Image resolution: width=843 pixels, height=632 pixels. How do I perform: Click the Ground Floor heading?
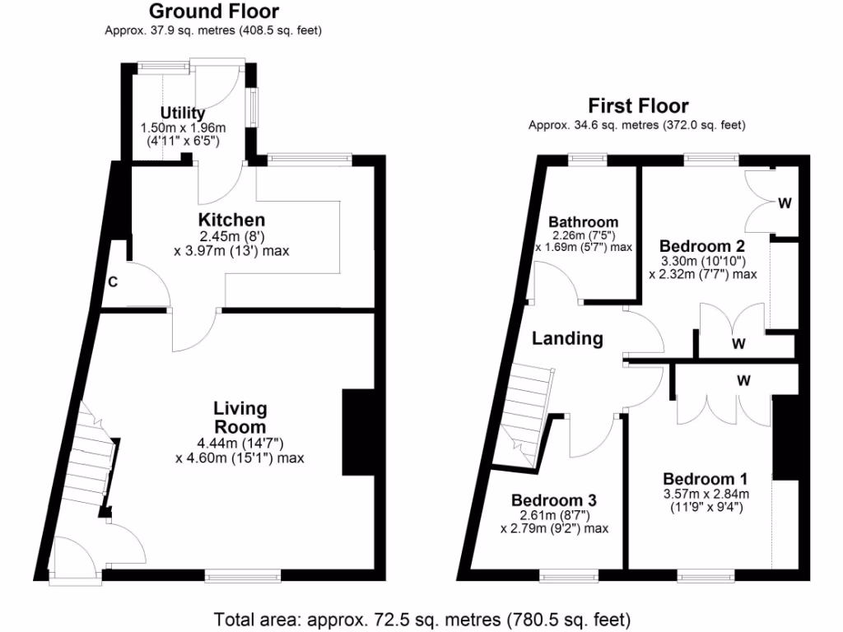tap(214, 12)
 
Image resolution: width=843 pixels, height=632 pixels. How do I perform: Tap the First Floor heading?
tap(638, 106)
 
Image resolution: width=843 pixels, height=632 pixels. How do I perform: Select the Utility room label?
tap(183, 114)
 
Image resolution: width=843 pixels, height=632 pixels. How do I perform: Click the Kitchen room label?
tap(231, 220)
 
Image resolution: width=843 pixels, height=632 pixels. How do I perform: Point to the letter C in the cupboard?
tap(113, 281)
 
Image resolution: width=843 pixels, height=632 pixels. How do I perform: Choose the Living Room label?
tap(240, 417)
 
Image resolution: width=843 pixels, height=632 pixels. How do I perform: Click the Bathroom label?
tap(584, 222)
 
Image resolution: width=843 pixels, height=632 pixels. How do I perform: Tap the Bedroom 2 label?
tap(702, 246)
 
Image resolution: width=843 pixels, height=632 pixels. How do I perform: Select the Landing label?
tap(567, 338)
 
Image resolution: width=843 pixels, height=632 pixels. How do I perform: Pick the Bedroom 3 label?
tap(554, 500)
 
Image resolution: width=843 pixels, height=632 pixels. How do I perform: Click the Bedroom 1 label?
tap(706, 479)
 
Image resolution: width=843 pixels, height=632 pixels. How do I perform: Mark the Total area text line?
tap(422, 620)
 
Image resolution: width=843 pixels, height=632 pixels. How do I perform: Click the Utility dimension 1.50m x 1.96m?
tap(183, 128)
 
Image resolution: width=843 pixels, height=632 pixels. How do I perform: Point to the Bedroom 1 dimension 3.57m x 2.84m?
tap(706, 494)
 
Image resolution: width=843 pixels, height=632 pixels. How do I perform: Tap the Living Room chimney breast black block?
tap(359, 432)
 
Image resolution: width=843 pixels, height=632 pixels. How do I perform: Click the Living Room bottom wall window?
tap(243, 576)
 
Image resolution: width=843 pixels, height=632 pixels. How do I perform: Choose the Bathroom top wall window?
tap(588, 159)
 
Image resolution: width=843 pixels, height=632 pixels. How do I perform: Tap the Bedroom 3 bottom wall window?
tap(569, 576)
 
